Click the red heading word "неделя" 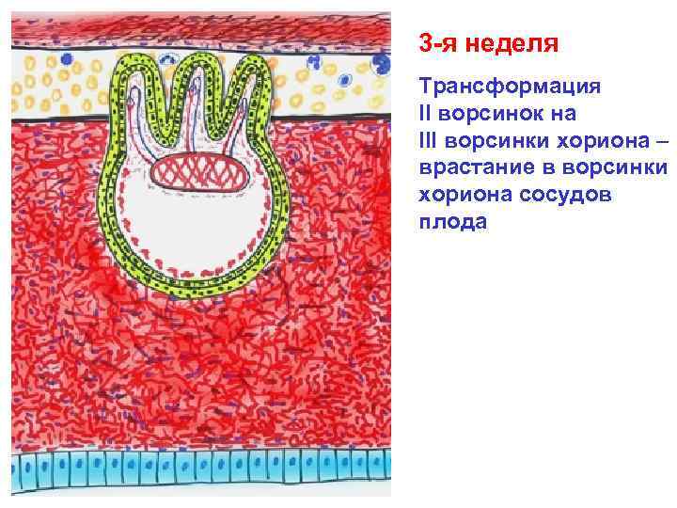pyautogui.click(x=514, y=44)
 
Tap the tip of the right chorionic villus pyautogui.click(x=251, y=61)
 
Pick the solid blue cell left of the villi pyautogui.click(x=64, y=57)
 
